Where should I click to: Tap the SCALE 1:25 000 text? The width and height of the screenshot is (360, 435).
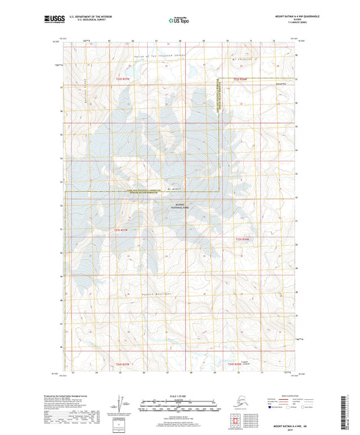[x=180, y=395]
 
